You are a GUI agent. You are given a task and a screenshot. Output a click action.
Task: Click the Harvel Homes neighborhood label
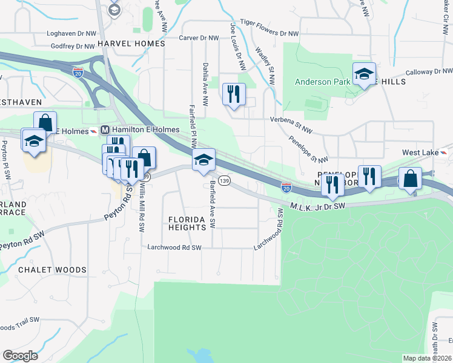pos(131,44)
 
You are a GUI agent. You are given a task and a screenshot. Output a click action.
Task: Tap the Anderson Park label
pos(321,82)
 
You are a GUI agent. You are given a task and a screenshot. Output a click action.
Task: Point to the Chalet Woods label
pos(52,269)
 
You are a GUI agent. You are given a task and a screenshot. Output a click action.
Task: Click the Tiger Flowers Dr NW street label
pos(269,34)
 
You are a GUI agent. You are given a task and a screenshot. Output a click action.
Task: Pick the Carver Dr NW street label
pos(199,38)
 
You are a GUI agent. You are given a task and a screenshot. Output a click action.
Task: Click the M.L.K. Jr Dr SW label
pos(317,206)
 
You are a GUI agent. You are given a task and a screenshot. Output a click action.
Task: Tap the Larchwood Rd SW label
pos(174,247)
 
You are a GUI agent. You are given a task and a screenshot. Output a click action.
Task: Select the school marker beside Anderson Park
pos(364,74)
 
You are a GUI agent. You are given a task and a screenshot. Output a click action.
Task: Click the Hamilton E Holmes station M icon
pos(105,129)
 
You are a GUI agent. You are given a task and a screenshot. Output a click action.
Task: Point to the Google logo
pos(20,355)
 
